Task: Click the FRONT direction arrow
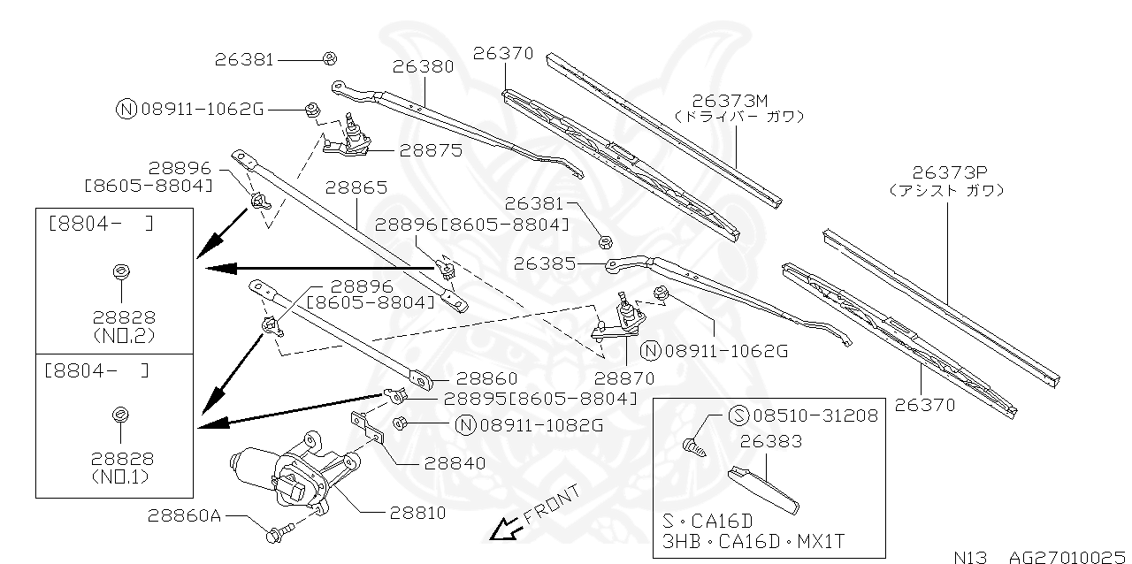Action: (505, 529)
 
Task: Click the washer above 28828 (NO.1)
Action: (119, 413)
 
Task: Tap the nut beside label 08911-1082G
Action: (399, 423)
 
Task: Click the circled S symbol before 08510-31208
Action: (738, 415)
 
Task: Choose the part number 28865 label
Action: (356, 188)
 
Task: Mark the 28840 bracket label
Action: (455, 462)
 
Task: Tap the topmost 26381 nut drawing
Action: (328, 58)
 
